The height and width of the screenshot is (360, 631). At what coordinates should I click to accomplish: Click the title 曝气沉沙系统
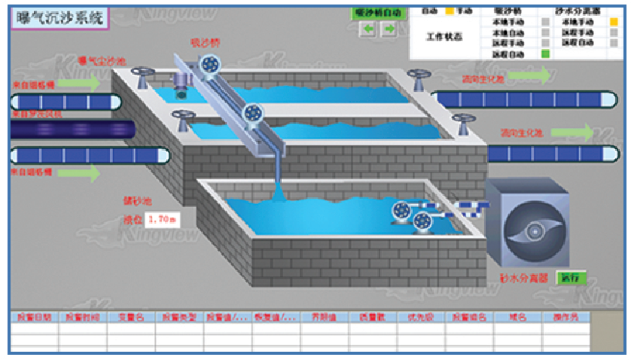58,17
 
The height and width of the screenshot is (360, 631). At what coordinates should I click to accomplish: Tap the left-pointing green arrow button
369,29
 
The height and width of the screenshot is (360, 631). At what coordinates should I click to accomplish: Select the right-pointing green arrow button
389,29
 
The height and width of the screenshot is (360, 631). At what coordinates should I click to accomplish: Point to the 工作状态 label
444,37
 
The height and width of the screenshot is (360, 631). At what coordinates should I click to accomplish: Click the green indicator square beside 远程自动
546,54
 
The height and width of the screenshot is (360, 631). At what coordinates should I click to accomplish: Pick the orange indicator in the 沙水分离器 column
613,23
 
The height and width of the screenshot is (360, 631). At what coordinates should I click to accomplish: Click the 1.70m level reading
162,220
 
